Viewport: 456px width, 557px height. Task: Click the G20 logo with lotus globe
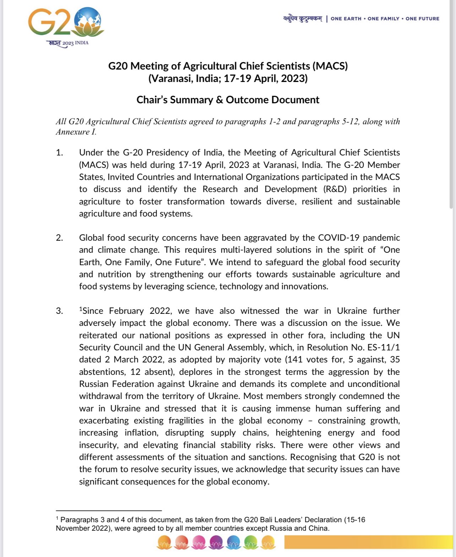66,23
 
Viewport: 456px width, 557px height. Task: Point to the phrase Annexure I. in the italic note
76,132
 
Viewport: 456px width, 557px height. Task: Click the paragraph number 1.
59,153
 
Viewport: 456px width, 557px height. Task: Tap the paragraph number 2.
59,238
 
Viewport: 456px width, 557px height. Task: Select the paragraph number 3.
59,311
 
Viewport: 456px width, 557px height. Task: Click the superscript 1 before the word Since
81,309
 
